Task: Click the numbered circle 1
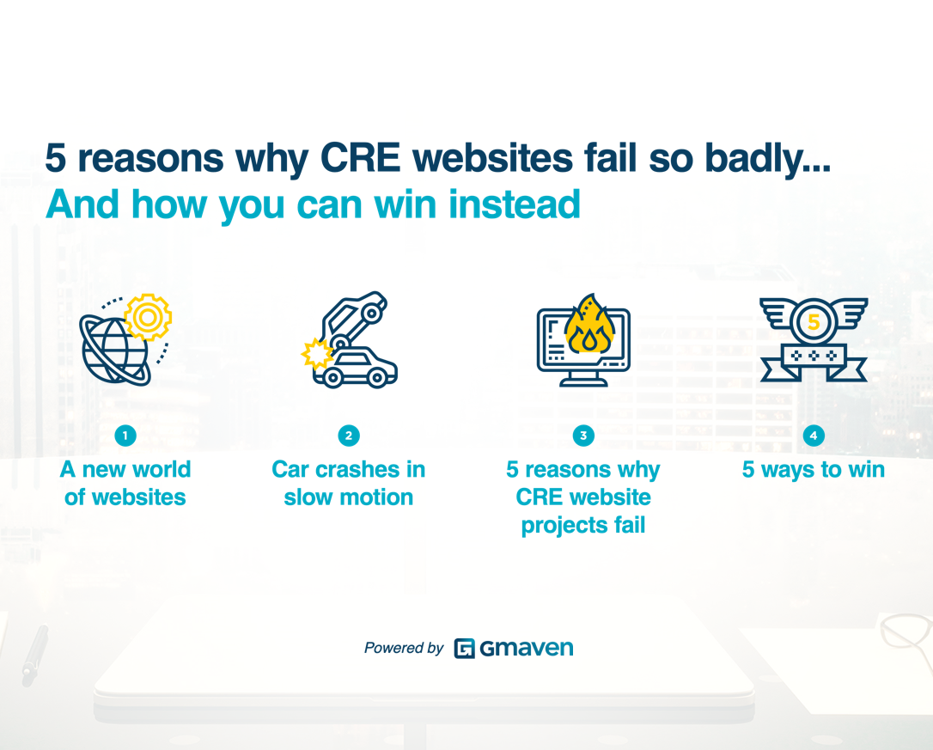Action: tap(125, 436)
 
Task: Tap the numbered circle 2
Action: tap(348, 436)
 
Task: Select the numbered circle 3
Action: tap(582, 436)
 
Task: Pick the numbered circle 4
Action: tap(813, 436)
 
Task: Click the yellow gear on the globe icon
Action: tap(148, 317)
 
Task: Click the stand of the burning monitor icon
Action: tap(583, 379)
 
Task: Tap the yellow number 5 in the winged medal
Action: tap(813, 323)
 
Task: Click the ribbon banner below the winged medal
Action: tap(813, 358)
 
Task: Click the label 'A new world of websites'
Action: tap(125, 483)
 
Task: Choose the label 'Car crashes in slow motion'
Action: tap(348, 483)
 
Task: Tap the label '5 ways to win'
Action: tap(813, 470)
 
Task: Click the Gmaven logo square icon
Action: tap(465, 649)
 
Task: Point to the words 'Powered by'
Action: tap(403, 649)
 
